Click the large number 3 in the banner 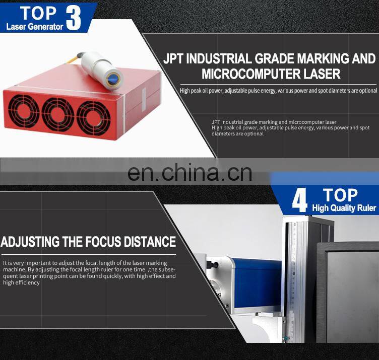(x=74, y=17)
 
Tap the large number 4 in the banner (x=299, y=200)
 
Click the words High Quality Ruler (x=344, y=208)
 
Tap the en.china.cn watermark (x=190, y=172)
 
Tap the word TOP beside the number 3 (x=38, y=12)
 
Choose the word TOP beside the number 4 (x=341, y=195)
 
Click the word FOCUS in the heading (x=100, y=242)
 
